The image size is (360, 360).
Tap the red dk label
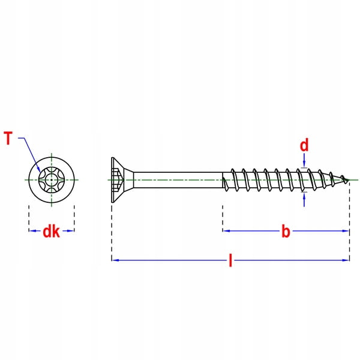[x=51, y=231]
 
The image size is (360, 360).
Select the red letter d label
[x=304, y=145]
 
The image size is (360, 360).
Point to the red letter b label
[x=286, y=232]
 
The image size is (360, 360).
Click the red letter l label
[x=230, y=260]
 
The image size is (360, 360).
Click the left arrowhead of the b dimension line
[x=226, y=230]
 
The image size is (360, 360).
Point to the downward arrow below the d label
[x=304, y=161]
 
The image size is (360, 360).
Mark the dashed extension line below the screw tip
[x=349, y=222]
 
